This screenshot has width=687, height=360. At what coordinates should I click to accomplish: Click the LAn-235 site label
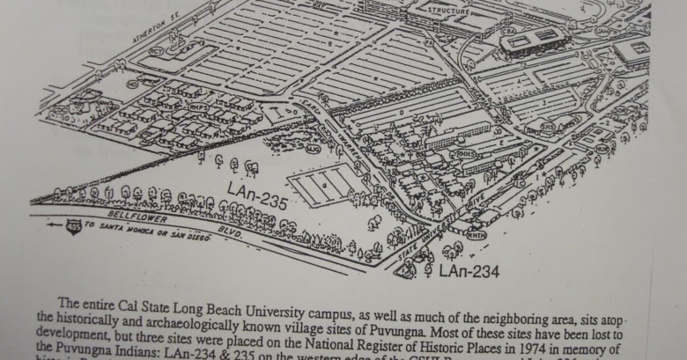(x=257, y=195)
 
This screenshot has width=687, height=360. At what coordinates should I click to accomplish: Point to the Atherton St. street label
(x=138, y=41)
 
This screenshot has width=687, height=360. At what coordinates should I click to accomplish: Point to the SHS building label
(x=547, y=126)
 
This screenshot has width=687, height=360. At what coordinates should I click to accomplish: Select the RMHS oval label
(x=463, y=154)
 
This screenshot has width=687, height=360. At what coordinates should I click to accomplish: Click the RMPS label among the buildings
(x=200, y=107)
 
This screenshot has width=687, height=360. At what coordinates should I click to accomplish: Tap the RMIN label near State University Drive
(x=476, y=234)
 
